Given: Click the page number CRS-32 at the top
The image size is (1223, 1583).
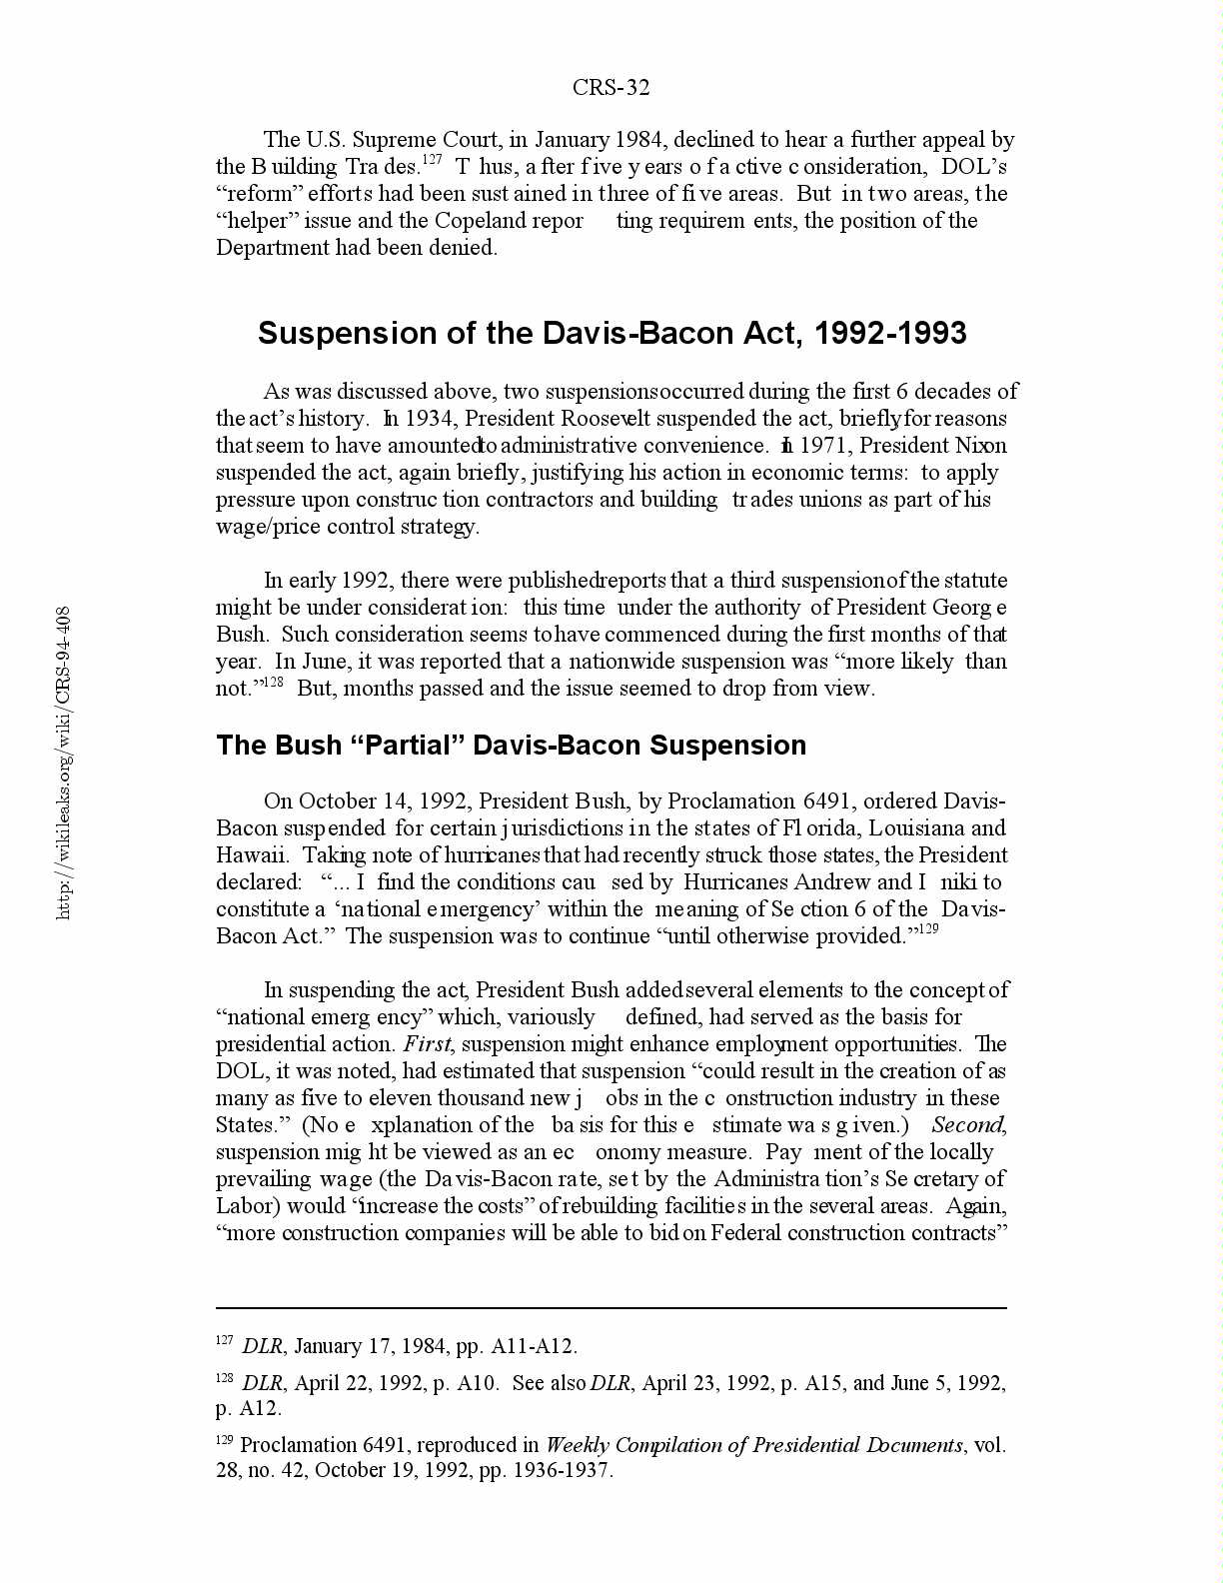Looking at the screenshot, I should coord(611,88).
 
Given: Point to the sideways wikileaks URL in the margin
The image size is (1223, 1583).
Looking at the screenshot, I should coord(63,762).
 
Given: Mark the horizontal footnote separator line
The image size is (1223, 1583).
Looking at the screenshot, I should coord(611,1307).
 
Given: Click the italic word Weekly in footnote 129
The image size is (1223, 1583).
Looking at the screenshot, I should coord(578,1445).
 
